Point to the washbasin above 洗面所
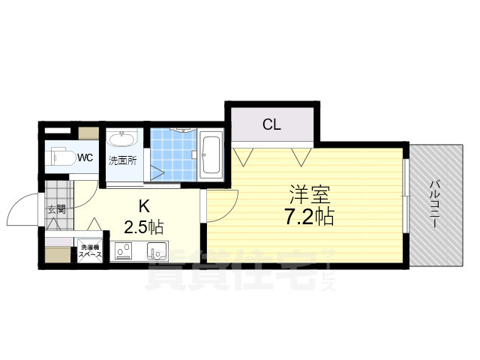pos(121,139)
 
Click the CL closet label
pos(271,124)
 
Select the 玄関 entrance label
pos(57,209)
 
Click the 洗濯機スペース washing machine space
pos(91,250)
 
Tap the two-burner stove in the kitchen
pos(123,251)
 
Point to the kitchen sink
pos(156,250)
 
